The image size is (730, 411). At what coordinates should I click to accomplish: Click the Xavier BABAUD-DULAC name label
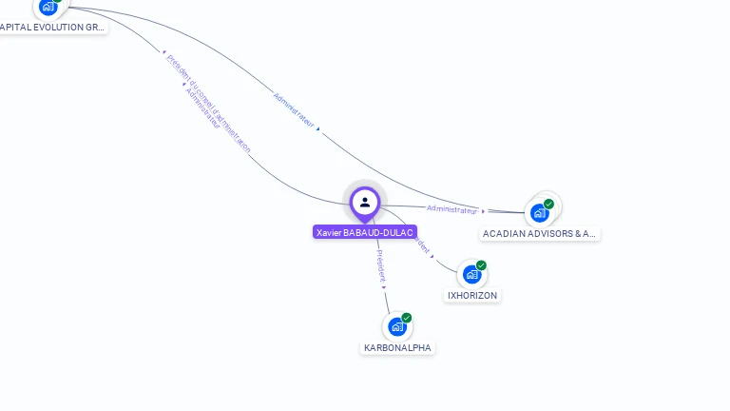(365, 232)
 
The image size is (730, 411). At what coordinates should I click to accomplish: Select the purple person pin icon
(365, 202)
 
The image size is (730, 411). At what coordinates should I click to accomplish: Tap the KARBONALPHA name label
(397, 348)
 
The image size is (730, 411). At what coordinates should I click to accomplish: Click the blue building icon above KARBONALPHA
(396, 326)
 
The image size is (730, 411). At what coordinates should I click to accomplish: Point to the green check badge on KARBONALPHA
(407, 318)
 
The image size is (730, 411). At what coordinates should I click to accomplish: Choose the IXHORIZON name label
(472, 296)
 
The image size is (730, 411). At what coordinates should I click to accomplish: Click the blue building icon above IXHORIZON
(471, 275)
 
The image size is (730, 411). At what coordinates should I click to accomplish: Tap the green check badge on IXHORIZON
(481, 265)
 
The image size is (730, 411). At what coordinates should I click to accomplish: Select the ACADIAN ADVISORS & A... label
(539, 233)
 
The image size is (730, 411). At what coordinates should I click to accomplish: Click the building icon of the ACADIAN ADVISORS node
(539, 213)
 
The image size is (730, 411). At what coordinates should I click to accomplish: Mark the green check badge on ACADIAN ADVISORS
(548, 204)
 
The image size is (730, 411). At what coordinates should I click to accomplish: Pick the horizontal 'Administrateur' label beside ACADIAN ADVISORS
(451, 209)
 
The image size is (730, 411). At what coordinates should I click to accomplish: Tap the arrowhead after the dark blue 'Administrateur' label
(317, 127)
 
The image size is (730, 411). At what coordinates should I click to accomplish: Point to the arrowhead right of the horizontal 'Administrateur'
(483, 211)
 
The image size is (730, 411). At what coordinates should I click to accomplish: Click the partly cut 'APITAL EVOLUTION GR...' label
(52, 28)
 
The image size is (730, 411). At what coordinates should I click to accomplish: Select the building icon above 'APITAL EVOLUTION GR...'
(48, 7)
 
